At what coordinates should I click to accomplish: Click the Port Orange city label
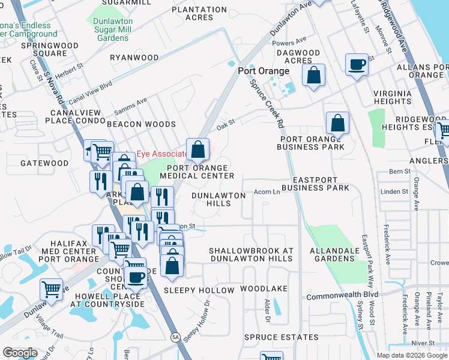coord(264,71)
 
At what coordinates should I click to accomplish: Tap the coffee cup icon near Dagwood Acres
coord(357,64)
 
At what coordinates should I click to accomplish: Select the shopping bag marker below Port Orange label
coord(313,76)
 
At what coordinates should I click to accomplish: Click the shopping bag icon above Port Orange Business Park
coord(338,123)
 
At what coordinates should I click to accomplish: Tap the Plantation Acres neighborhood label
coord(198,13)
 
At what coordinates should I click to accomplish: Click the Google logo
coord(20,353)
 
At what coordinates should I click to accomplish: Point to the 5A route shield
coord(175,337)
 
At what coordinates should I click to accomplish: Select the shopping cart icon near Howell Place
coord(52,289)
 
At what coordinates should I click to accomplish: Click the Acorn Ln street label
coord(267,192)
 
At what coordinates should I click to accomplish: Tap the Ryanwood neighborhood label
coord(134,58)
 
